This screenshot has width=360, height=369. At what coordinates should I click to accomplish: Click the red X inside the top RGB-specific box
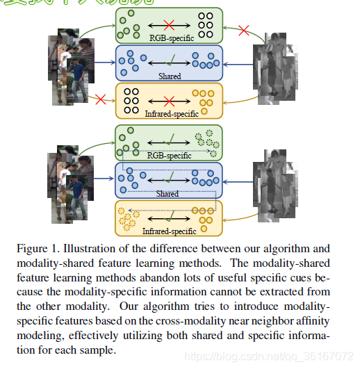[167, 25]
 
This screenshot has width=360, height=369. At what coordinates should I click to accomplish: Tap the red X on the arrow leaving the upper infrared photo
[243, 31]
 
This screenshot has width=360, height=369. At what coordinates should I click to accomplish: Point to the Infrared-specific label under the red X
[171, 113]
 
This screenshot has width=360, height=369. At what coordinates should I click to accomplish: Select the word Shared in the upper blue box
[169, 76]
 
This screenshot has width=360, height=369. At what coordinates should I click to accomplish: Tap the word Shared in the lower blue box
[167, 194]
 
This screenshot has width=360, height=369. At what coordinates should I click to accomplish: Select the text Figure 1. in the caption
[35, 248]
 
